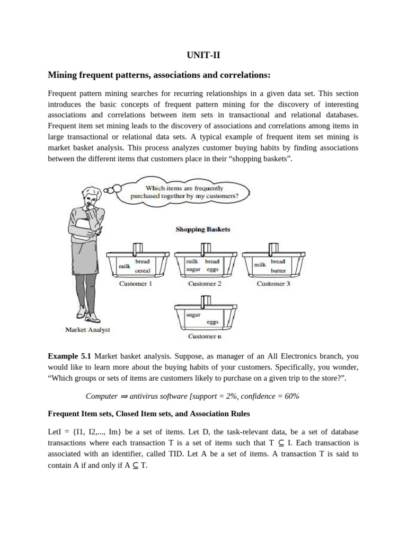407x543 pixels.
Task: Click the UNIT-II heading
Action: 203,55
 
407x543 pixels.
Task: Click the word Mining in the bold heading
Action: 63,75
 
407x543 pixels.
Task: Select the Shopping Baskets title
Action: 203,230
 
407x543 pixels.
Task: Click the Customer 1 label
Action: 135,284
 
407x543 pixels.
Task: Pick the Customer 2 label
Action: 205,284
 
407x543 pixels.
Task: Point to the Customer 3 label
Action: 273,284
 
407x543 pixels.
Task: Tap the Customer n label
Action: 205,337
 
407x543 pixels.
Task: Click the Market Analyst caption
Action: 87,329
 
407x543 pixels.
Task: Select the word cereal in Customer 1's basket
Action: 143,270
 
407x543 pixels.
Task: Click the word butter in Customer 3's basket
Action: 278,270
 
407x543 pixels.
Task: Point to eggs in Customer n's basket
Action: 213,322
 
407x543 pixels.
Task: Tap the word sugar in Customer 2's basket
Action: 193,269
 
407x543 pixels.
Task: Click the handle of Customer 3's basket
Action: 273,248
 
